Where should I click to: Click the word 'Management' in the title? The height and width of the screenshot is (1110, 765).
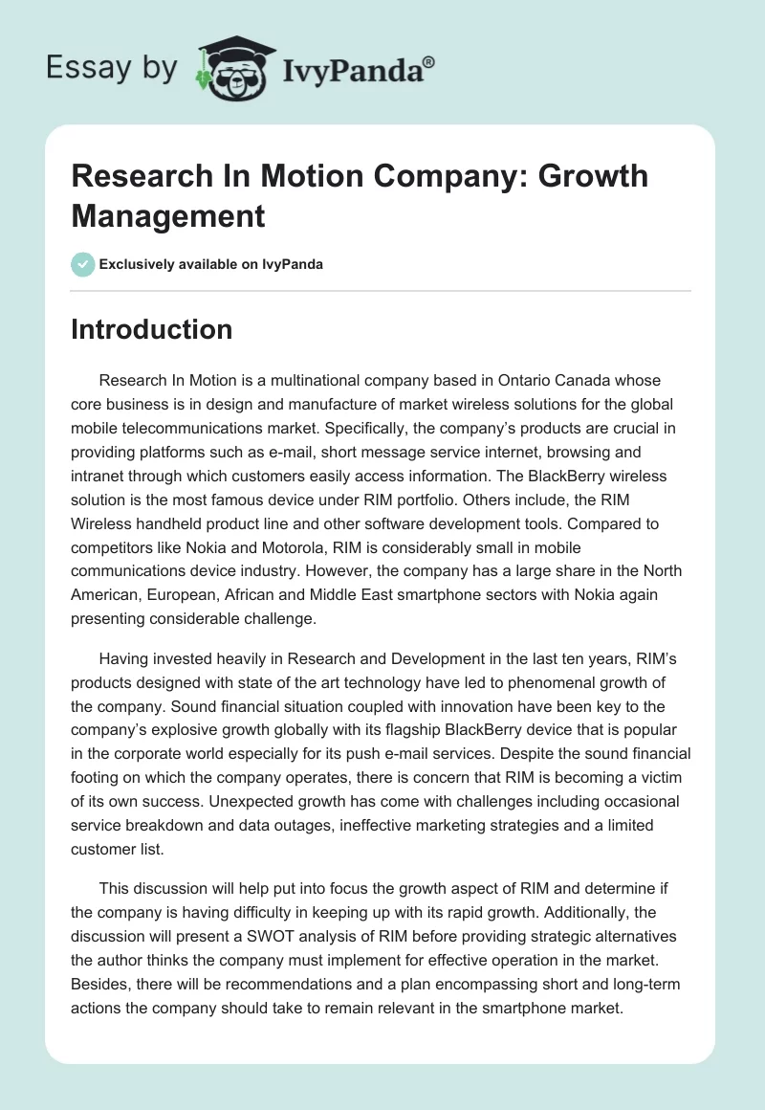point(168,215)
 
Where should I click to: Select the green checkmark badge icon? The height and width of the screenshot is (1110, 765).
point(83,264)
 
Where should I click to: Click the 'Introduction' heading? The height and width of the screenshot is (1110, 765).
point(152,329)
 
